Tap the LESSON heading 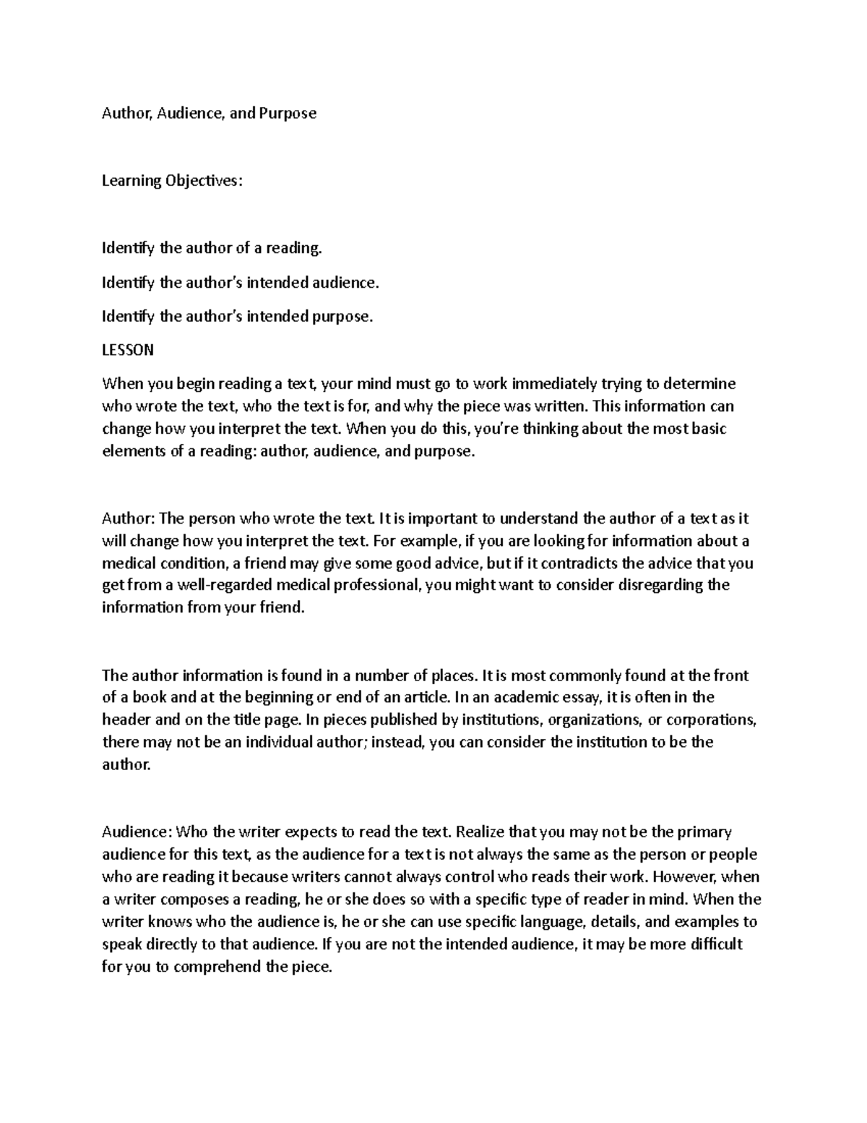[128, 350]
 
